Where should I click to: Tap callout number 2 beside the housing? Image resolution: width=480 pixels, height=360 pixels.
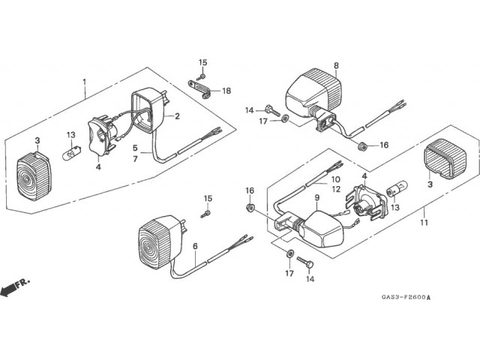click(x=178, y=115)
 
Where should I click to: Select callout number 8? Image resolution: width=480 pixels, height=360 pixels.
click(x=336, y=66)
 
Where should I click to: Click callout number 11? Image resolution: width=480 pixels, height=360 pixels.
click(x=424, y=223)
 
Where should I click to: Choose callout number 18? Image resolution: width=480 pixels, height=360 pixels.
click(x=226, y=91)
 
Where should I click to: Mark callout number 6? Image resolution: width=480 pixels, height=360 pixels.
click(x=195, y=246)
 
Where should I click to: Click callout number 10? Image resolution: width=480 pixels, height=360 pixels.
click(x=335, y=179)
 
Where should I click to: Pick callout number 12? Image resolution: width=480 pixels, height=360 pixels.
click(x=335, y=190)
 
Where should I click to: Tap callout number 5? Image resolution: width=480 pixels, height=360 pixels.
click(x=136, y=148)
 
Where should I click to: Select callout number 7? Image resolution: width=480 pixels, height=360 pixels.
click(x=136, y=160)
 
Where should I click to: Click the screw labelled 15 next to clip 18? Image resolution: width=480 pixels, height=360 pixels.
click(x=202, y=76)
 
